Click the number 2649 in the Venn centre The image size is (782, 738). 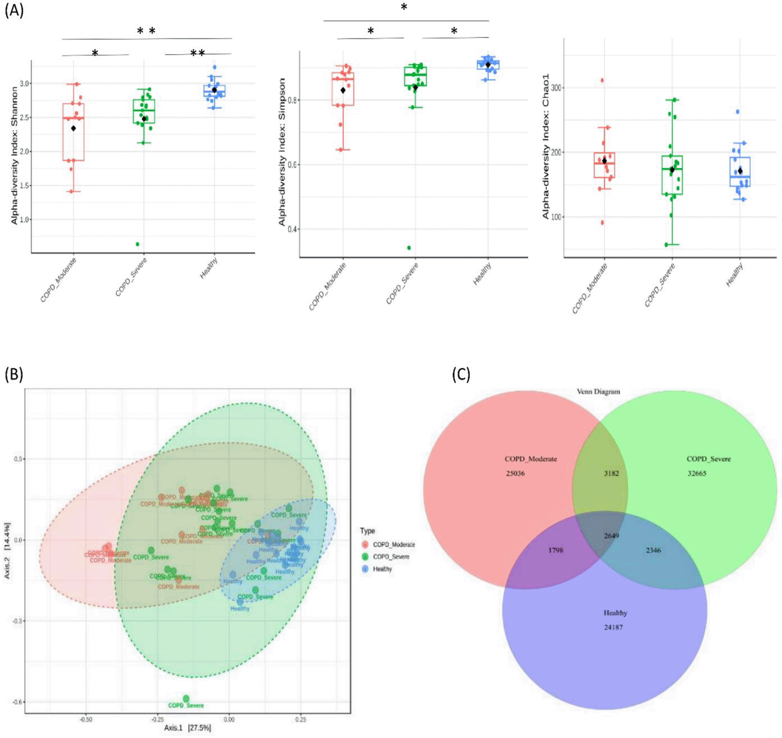[x=611, y=536]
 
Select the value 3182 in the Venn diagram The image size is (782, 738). [x=611, y=474]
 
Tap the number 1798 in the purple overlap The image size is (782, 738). [x=555, y=550]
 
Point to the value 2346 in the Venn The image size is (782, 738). [x=653, y=550]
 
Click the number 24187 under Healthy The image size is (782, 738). [x=613, y=627]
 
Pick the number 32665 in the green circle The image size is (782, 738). [x=697, y=474]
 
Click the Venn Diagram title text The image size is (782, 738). [x=598, y=392]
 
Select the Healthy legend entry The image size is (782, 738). [x=382, y=569]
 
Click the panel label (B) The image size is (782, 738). [x=14, y=374]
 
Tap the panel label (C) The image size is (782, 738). [x=461, y=374]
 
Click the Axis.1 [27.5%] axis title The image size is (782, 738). [x=188, y=728]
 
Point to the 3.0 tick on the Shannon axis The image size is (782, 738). [x=25, y=84]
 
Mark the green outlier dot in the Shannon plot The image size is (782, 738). [x=137, y=244]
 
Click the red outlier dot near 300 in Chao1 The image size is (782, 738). [x=602, y=80]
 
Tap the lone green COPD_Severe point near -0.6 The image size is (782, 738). [x=186, y=699]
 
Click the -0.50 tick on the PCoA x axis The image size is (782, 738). [x=86, y=720]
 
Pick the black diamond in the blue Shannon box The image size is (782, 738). [x=215, y=90]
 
